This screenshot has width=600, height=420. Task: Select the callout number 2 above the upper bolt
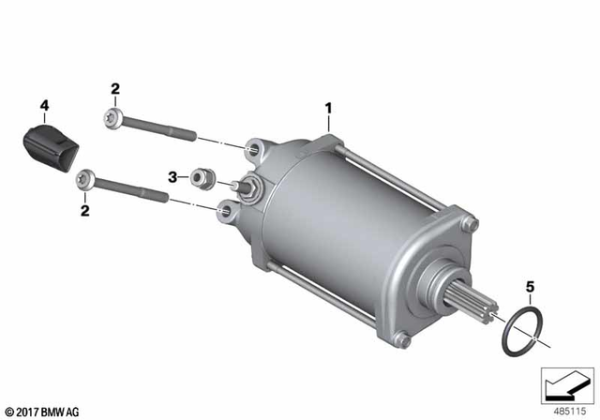coord(114,89)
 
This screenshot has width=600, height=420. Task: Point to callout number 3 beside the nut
coord(172,176)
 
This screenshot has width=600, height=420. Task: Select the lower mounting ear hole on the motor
coord(224,214)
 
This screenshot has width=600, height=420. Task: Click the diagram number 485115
coord(566,409)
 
